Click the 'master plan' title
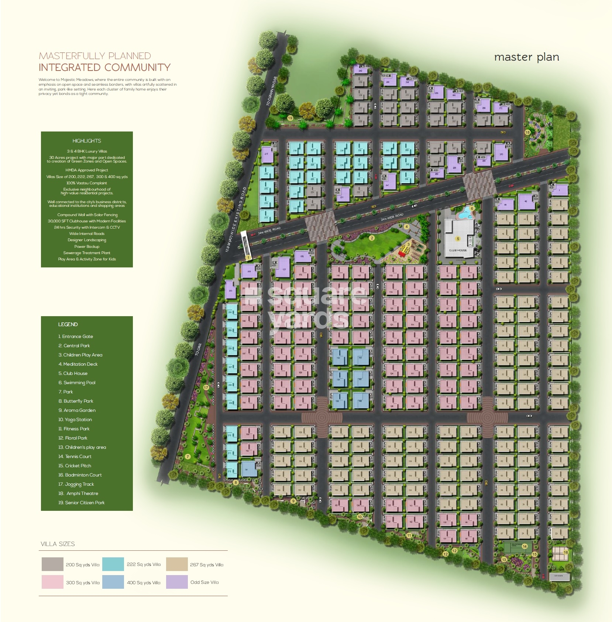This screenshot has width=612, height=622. tap(526, 57)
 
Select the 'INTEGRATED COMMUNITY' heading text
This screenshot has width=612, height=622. tap(104, 68)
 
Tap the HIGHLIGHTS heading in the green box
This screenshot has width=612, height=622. tap(87, 141)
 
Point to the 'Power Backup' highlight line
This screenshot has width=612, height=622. tap(87, 246)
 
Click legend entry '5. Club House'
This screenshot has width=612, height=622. tap(73, 373)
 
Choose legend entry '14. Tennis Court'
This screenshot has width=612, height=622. tap(75, 457)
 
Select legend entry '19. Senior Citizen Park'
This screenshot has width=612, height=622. tap(81, 503)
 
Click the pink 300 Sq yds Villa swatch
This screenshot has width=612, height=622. tap(52, 582)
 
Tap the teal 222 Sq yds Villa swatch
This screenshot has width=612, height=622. tap(113, 564)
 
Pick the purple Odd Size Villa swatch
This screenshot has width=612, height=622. tap(177, 582)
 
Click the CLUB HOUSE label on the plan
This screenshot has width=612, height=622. tap(458, 250)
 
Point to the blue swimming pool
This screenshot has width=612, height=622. tap(465, 212)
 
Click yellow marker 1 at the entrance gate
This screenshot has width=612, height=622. tap(248, 257)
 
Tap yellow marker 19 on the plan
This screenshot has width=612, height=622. tap(290, 118)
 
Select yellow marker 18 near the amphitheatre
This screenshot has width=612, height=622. tap(527, 132)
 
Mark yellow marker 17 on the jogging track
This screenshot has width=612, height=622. tap(206, 387)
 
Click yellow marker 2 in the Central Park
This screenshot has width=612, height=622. tap(372, 238)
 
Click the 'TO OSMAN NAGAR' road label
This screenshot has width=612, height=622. tap(271, 91)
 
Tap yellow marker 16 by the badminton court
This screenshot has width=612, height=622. tap(565, 553)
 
